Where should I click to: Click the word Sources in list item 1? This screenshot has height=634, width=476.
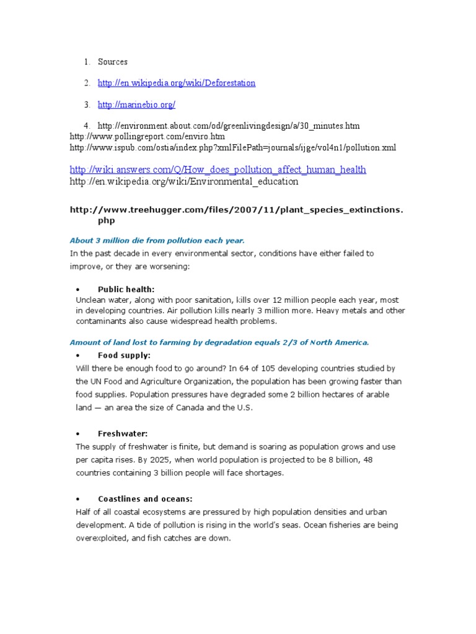pos(112,62)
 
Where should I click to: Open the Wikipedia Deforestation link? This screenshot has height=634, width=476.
pos(177,83)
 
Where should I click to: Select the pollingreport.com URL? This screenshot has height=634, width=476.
pos(148,136)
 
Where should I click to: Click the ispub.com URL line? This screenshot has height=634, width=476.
pos(232,147)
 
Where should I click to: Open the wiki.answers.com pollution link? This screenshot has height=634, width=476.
pos(218,169)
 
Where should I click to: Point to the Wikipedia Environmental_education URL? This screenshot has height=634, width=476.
pos(184,182)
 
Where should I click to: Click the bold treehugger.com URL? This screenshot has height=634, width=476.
pos(236,210)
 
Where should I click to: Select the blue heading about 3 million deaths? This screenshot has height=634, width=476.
pos(157,240)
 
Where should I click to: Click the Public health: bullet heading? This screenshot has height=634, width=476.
pos(126,289)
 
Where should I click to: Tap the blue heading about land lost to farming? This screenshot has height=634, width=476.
pos(219,342)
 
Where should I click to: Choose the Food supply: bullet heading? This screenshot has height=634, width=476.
pos(124,355)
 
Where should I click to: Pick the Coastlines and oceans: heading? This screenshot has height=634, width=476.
pos(145,499)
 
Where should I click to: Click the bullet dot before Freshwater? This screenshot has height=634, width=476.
pos(77,434)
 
